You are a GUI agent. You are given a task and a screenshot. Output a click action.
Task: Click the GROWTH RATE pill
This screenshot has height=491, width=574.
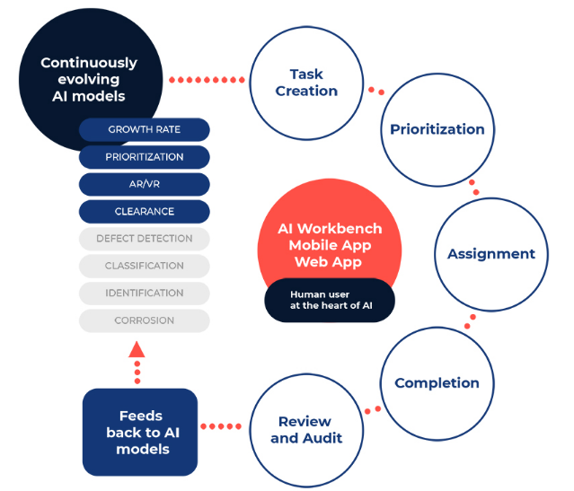(145, 129)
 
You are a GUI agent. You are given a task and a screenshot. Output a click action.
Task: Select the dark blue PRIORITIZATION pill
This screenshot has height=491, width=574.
(145, 157)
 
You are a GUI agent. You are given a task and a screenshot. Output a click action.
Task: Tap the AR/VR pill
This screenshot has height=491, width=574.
(145, 184)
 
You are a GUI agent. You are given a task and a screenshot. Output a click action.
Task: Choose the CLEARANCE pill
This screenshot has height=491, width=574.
(145, 212)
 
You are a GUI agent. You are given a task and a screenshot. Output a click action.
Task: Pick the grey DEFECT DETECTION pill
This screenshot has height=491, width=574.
(145, 239)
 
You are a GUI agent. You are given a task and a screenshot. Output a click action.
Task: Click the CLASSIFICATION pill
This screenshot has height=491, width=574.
(145, 266)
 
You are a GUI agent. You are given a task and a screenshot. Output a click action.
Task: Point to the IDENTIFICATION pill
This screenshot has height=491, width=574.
(145, 293)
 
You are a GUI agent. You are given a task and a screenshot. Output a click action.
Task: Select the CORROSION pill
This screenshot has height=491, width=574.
(145, 320)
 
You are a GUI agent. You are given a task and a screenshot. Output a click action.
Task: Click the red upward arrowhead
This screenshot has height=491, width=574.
(137, 349)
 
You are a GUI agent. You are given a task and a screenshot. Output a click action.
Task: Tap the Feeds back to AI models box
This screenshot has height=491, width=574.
(140, 432)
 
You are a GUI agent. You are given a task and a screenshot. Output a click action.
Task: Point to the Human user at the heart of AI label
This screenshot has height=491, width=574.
(330, 300)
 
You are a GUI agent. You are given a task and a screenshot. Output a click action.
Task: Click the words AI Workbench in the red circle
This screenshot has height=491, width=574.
(330, 229)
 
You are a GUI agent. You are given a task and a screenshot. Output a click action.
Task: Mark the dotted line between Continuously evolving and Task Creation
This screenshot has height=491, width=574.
(207, 80)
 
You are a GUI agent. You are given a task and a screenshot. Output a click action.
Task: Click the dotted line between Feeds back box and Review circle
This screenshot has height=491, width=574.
(221, 426)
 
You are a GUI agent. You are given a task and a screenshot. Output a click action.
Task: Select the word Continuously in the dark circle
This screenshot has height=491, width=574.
(89, 63)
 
